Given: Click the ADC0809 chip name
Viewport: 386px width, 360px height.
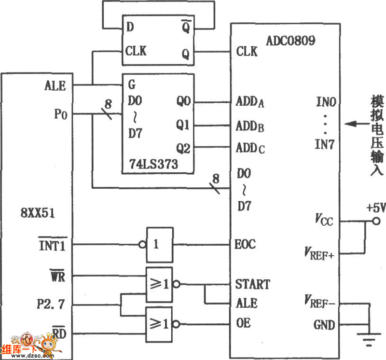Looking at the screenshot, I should [x=290, y=40].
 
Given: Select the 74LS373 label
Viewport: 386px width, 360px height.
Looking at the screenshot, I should [x=153, y=165].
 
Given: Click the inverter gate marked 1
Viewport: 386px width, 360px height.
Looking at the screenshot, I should [x=158, y=244].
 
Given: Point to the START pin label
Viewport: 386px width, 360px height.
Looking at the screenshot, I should [x=252, y=284].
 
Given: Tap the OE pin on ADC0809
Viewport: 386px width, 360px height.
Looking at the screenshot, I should [x=244, y=322].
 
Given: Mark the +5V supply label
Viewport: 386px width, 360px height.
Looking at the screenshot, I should [x=375, y=208].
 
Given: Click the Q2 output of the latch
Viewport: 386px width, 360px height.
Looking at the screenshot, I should [x=183, y=147].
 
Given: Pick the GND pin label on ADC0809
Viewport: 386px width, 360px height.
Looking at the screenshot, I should [x=324, y=325].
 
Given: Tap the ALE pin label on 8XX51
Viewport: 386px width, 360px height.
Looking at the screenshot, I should [x=55, y=86].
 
